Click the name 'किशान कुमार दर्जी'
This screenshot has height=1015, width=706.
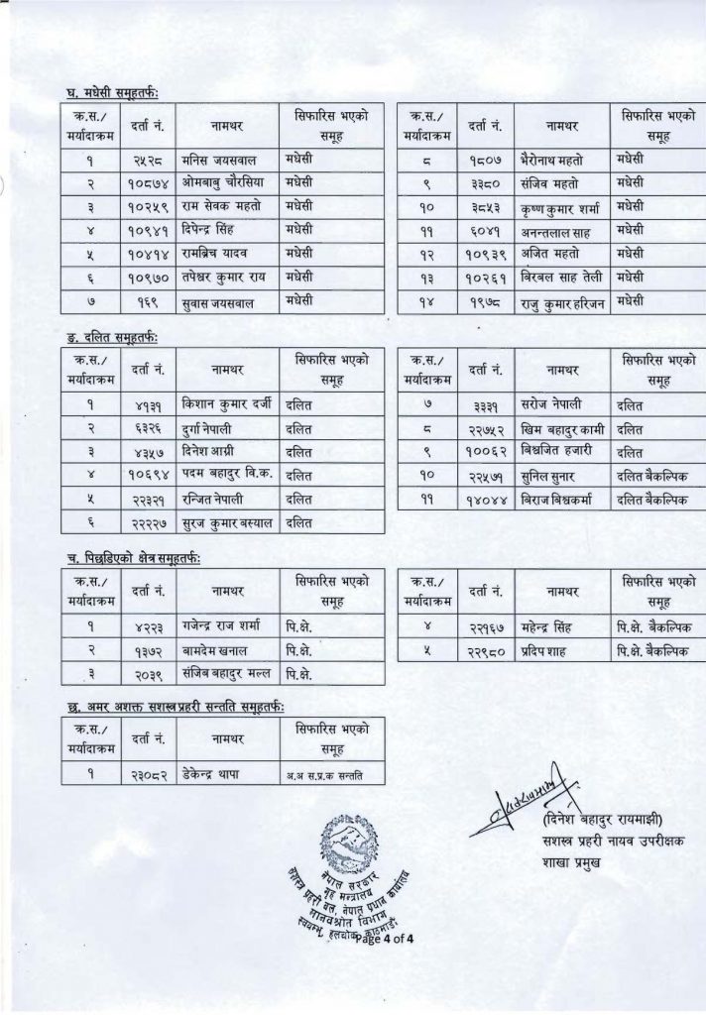pos(224,405)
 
